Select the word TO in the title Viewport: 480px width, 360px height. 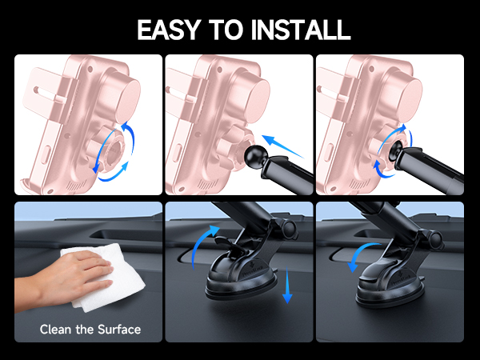tap(232, 29)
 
